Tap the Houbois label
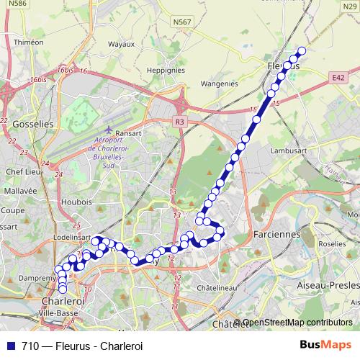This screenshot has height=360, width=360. (76, 202)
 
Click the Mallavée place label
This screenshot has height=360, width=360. (19, 191)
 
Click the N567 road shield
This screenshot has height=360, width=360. (182, 23)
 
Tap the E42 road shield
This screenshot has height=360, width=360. (340, 77)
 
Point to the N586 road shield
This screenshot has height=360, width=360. (18, 4)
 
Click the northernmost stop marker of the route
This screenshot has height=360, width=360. (302, 50)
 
